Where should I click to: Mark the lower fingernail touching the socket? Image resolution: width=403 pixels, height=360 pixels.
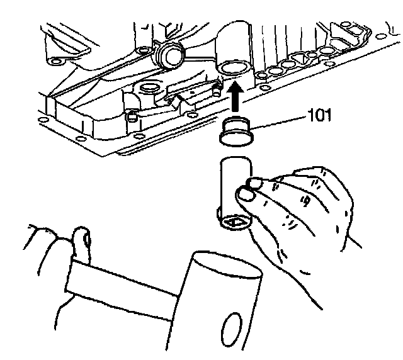click(x=244, y=196)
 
